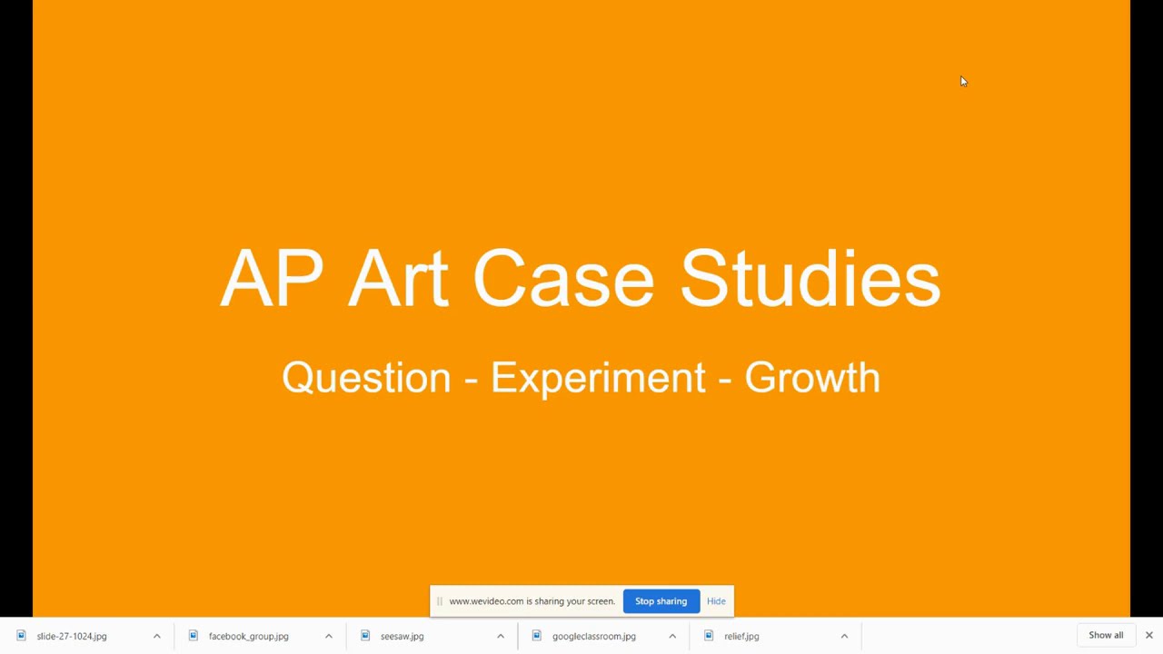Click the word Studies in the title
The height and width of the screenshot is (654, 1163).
(x=810, y=278)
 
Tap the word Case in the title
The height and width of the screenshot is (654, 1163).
(x=562, y=278)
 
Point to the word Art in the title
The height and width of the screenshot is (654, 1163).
(x=398, y=278)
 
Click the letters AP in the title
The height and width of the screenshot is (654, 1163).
(x=272, y=278)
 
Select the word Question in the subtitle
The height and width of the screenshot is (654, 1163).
(x=366, y=378)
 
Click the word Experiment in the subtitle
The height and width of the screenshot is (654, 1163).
(x=598, y=378)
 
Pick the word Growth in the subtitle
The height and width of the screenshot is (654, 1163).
(x=812, y=378)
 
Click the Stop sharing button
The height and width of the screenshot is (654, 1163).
(x=661, y=601)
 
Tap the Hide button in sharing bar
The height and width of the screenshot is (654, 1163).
(x=716, y=601)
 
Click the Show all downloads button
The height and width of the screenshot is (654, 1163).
(x=1106, y=636)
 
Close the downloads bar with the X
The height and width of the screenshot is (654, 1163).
(x=1149, y=636)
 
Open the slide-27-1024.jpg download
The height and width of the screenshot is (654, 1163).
(x=72, y=637)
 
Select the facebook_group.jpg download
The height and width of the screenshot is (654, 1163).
(x=248, y=637)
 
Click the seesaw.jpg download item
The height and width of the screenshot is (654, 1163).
(x=402, y=637)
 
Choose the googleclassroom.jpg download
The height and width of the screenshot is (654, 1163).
(x=593, y=637)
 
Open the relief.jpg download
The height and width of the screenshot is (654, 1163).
(x=741, y=637)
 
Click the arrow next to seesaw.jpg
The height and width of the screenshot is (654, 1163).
(x=501, y=637)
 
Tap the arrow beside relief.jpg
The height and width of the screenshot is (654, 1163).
(x=844, y=637)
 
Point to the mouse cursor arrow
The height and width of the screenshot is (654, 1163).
(x=963, y=82)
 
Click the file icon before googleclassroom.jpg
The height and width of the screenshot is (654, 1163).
(x=537, y=636)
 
